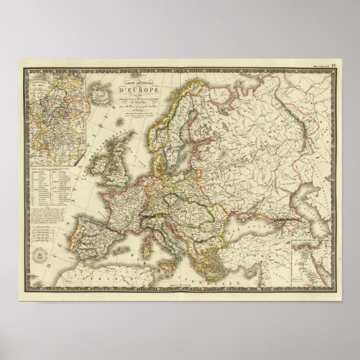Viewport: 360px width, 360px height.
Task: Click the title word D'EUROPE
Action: point(138,86)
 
